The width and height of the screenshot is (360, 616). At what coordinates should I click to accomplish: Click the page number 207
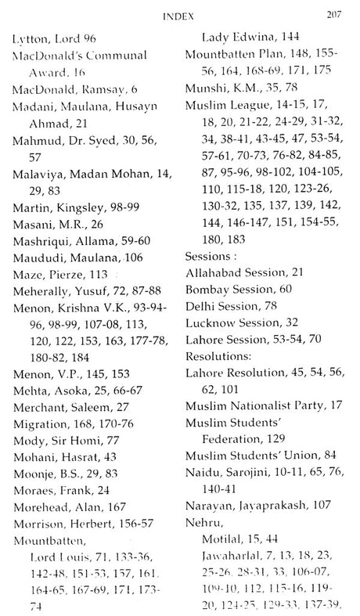337,13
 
